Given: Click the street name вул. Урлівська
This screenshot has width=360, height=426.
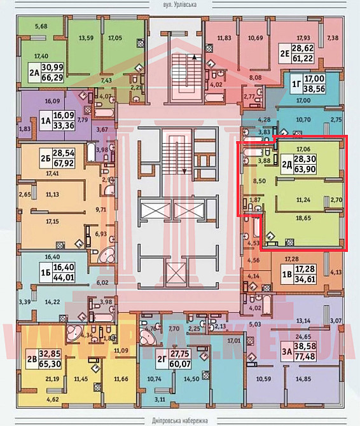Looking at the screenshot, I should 180,4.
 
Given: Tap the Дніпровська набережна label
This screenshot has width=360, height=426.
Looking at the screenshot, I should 180,420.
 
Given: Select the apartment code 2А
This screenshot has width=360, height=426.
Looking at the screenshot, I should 34,72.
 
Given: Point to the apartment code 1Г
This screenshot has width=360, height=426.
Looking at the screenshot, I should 296,83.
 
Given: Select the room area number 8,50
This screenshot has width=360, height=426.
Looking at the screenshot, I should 259,181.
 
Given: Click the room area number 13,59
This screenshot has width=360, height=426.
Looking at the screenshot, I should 86,38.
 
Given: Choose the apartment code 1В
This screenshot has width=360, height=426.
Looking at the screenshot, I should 286,275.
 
